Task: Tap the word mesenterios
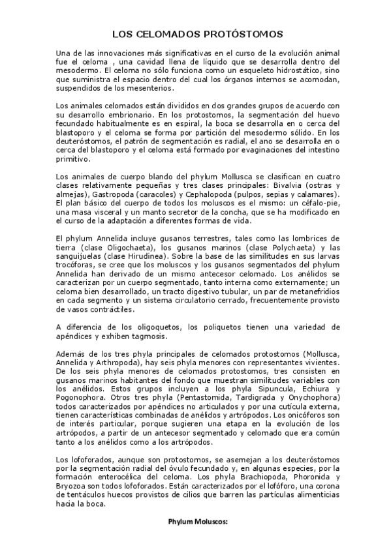pos(155,89)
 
